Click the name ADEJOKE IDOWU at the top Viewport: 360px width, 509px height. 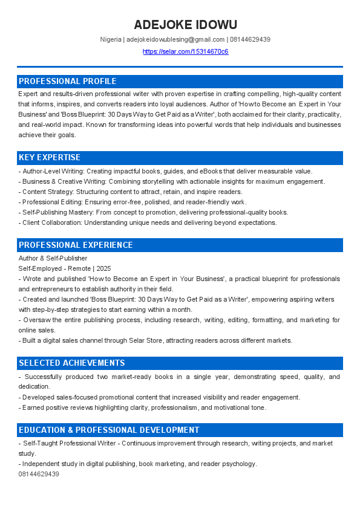click(x=185, y=25)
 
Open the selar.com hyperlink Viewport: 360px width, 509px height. click(x=185, y=51)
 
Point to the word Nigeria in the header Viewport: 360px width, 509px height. click(x=111, y=40)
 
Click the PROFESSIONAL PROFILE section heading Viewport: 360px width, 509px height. click(x=67, y=81)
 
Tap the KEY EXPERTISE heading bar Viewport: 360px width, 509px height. click(x=50, y=158)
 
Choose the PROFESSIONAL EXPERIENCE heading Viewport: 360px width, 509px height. click(x=76, y=245)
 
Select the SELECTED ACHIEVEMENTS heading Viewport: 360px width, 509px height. click(x=72, y=363)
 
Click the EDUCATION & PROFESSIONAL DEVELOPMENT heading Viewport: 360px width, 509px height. click(x=109, y=430)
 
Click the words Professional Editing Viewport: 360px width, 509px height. click(x=50, y=202)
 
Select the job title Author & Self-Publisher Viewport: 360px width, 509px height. click(x=53, y=258)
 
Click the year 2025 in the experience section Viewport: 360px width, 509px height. click(x=104, y=268)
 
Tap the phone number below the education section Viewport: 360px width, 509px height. click(x=39, y=474)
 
